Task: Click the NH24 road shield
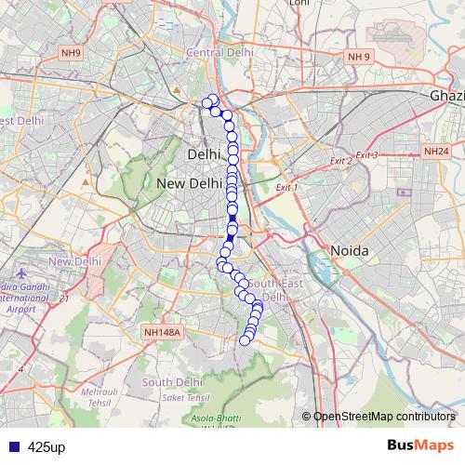coord(435,151)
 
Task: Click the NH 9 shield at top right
coord(359,58)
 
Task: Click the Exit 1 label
coord(286,187)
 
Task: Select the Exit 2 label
coord(340,162)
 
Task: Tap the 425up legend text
coord(46,447)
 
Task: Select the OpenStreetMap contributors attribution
coord(383,416)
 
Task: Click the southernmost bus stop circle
coord(246,340)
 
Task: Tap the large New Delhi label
coord(189,184)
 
